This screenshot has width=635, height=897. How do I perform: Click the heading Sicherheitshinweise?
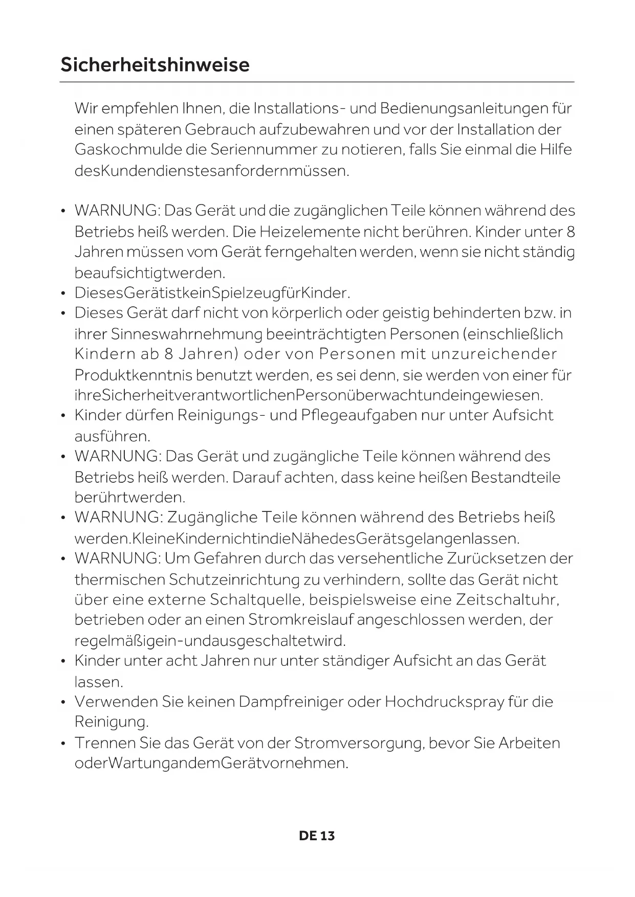(x=155, y=65)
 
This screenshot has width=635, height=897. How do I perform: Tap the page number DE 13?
(x=317, y=836)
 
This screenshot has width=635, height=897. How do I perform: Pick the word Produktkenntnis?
(x=134, y=375)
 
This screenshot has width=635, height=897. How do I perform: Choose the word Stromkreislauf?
(x=300, y=620)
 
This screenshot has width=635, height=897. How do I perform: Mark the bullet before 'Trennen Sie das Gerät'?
(x=63, y=743)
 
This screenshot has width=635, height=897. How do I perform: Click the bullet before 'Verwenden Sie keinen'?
(x=63, y=702)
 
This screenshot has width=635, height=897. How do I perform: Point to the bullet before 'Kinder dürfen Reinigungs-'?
(x=63, y=416)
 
